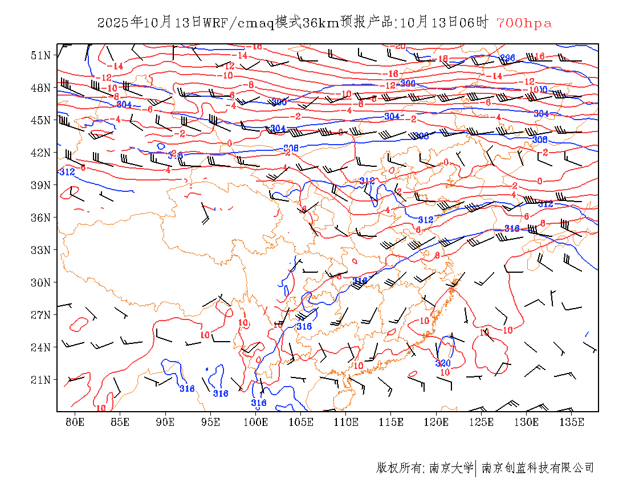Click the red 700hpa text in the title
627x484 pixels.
click(524, 23)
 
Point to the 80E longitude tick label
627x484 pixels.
click(75, 422)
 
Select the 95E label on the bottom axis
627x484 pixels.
click(210, 422)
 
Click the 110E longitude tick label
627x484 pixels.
click(346, 422)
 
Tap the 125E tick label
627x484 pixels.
click(482, 422)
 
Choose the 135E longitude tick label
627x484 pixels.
click(572, 422)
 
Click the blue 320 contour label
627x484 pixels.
click(443, 363)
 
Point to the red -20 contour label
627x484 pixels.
click(400, 46)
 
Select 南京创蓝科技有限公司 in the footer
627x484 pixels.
click(538, 468)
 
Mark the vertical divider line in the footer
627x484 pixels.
click(476, 468)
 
